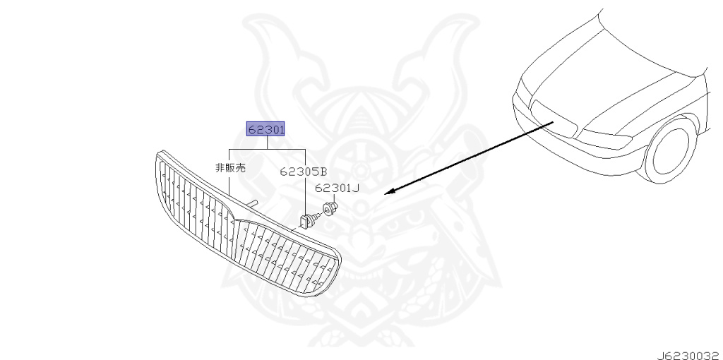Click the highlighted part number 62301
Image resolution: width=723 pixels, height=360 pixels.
click(265, 129)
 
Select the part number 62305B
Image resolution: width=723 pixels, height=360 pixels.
click(304, 171)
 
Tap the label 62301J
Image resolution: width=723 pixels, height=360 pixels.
click(337, 188)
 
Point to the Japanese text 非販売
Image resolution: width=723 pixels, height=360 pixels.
click(229, 168)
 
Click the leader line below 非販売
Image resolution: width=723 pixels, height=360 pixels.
click(229, 185)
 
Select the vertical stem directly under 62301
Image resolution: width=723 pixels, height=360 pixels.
click(266, 143)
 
